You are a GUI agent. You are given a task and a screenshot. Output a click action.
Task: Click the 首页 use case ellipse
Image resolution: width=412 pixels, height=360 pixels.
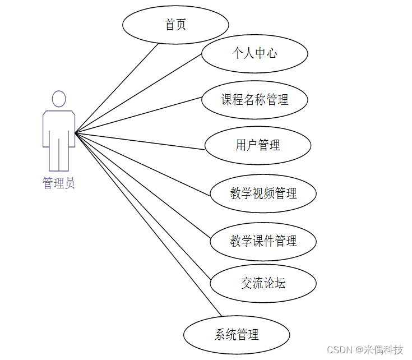tap(175, 25)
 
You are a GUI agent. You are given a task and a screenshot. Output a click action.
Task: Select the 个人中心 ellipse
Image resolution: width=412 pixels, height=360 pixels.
tap(254, 53)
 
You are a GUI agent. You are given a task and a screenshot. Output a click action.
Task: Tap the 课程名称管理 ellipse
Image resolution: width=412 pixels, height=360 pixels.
tap(254, 100)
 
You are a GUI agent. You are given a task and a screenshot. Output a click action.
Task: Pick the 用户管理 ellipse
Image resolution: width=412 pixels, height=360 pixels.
tap(258, 146)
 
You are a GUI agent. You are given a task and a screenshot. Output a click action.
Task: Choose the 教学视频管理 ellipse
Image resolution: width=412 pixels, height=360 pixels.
tap(263, 193)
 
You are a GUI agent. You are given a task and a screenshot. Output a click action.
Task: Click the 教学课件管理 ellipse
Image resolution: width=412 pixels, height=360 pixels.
tap(263, 242)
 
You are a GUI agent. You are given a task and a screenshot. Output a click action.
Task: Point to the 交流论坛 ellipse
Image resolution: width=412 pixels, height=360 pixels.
tap(263, 283)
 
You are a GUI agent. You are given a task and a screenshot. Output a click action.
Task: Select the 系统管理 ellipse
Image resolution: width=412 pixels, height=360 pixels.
tap(237, 335)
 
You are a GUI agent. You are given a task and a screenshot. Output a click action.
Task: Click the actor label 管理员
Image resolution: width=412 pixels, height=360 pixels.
tap(58, 183)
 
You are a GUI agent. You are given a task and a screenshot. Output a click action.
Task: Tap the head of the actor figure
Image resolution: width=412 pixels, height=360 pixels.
tap(59, 99)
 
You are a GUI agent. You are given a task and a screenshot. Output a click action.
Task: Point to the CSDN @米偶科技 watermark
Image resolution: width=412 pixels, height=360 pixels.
tap(364, 350)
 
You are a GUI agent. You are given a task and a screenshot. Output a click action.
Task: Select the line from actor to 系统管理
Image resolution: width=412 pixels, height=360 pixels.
tap(149, 224)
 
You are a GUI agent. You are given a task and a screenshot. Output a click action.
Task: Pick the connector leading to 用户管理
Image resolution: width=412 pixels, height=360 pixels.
tap(140, 141)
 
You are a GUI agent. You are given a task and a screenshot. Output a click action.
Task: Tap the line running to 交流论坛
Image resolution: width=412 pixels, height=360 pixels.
tap(143, 206)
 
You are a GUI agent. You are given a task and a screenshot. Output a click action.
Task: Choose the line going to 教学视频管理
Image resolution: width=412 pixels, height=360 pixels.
tap(143, 165)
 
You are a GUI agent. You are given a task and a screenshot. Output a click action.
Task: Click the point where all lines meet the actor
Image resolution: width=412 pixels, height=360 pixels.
tap(76, 133)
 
